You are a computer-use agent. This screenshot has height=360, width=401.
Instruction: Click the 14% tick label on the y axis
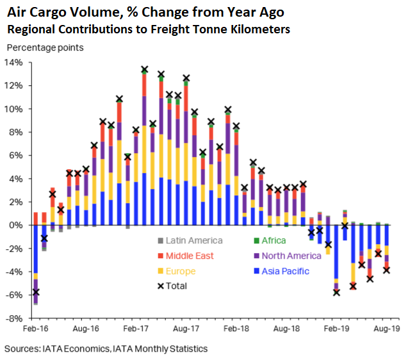[13, 62]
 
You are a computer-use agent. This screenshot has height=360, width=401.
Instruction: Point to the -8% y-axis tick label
[13, 318]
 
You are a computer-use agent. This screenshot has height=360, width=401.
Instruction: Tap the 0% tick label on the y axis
[16, 225]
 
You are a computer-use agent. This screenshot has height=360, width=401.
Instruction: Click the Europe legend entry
[181, 271]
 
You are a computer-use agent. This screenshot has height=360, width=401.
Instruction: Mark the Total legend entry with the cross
[173, 286]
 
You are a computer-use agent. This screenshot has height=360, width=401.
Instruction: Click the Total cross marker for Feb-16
[36, 292]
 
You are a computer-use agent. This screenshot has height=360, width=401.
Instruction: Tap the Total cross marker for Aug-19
[386, 270]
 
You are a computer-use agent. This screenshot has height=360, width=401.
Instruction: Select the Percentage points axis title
[45, 47]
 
